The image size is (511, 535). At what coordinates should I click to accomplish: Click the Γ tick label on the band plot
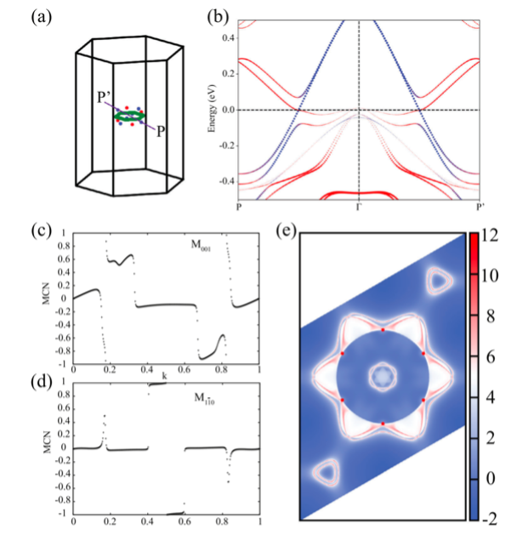click(x=358, y=208)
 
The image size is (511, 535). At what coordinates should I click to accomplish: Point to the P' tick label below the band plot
click(x=477, y=208)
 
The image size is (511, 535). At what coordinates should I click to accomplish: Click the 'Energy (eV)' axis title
click(x=211, y=111)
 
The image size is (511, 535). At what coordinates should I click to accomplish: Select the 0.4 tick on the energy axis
click(x=228, y=39)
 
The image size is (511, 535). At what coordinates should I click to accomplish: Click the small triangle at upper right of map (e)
click(x=440, y=281)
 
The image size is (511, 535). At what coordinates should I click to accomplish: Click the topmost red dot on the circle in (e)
click(x=383, y=329)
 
